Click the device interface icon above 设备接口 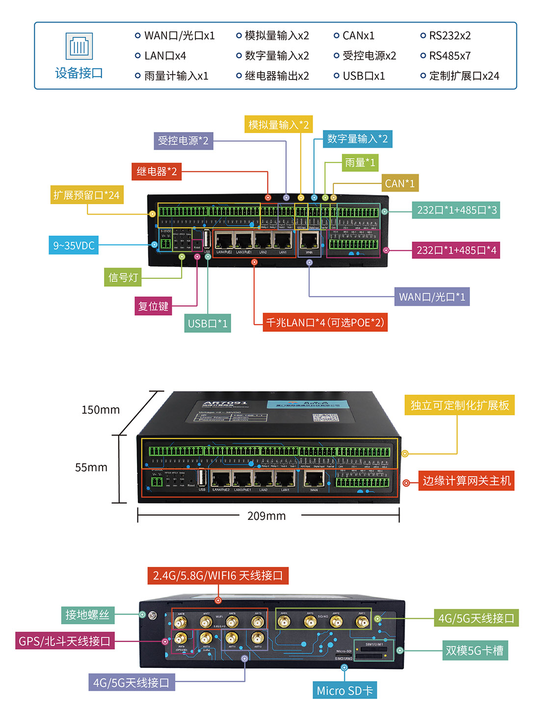[x=79, y=46]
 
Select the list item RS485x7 [x=449, y=56]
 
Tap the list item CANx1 [x=358, y=36]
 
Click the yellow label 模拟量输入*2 [x=278, y=125]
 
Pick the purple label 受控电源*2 [x=183, y=141]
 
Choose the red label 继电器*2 [x=157, y=171]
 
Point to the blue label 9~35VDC [x=74, y=245]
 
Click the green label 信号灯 [x=123, y=278]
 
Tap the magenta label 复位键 [x=153, y=306]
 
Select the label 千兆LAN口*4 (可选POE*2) [x=325, y=322]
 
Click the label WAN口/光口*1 [x=432, y=297]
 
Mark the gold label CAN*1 [x=400, y=184]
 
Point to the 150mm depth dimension [x=101, y=410]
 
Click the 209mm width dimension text [x=267, y=516]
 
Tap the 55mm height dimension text [x=91, y=467]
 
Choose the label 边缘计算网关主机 [x=466, y=481]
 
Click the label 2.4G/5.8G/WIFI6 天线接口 [x=218, y=576]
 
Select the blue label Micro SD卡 [x=345, y=691]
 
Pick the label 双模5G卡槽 [x=474, y=651]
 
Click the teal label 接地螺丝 [x=87, y=615]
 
